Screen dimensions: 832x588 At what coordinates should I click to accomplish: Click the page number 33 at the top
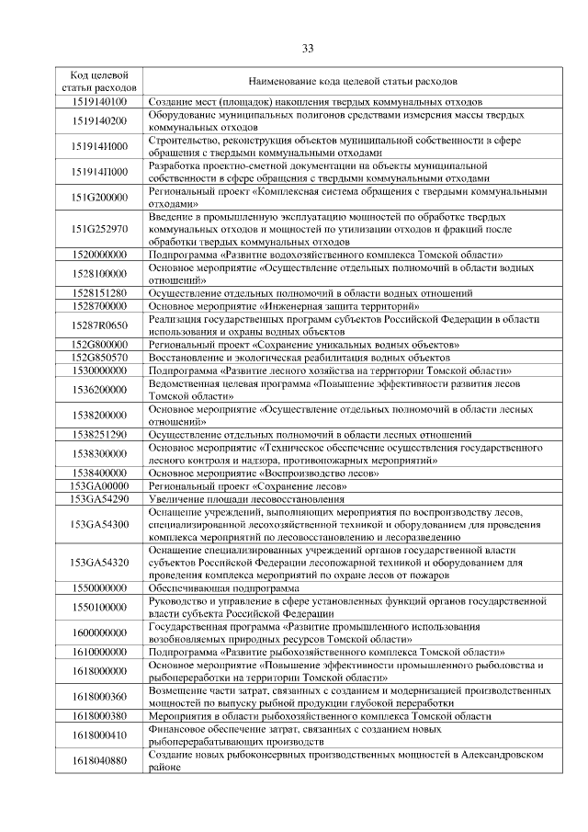(308, 48)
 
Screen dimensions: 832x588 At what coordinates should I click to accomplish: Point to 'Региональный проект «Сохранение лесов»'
(248, 485)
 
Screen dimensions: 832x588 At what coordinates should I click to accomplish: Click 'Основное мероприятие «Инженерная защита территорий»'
(284, 305)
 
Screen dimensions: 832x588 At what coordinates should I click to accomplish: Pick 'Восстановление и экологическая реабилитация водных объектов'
(300, 357)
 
